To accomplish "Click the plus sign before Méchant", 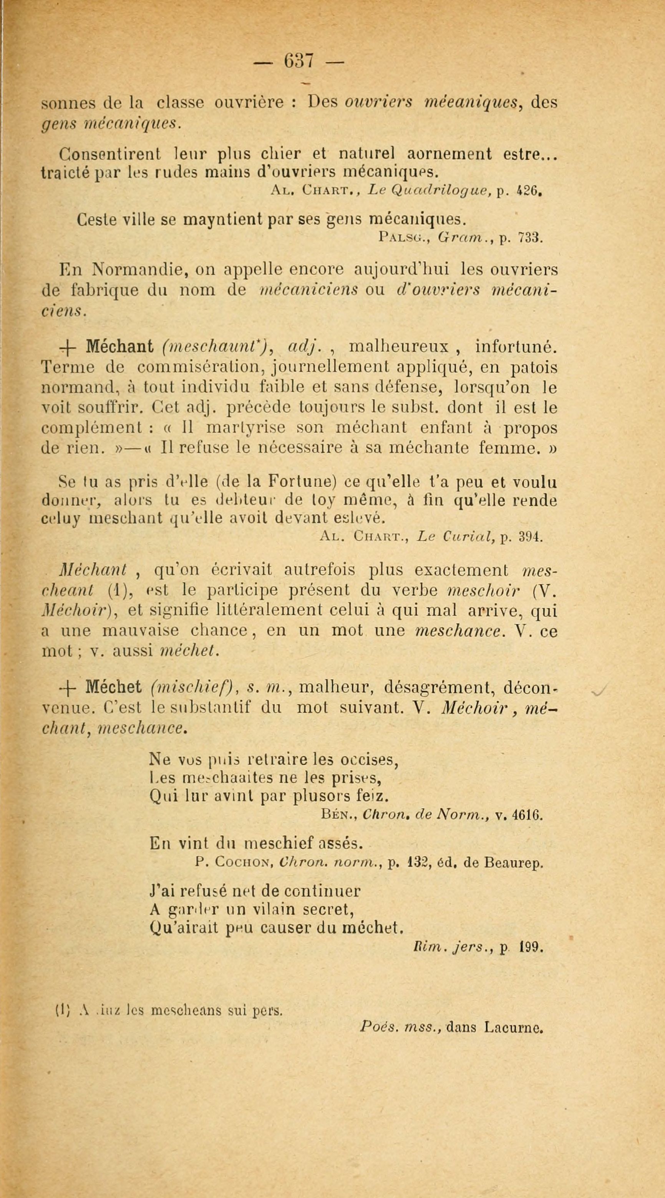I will [x=68, y=347].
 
